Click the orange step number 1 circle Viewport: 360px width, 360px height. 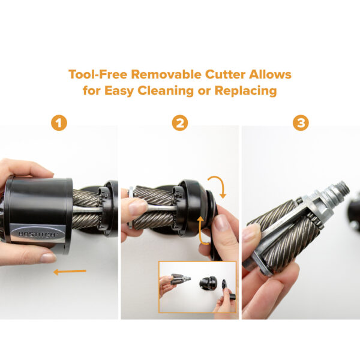pyautogui.click(x=59, y=123)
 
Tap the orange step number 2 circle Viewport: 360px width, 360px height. pyautogui.click(x=180, y=123)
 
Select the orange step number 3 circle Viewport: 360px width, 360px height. pyautogui.click(x=301, y=123)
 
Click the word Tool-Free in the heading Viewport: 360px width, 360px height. pyautogui.click(x=98, y=74)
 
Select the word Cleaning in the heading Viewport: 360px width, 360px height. pyautogui.click(x=166, y=91)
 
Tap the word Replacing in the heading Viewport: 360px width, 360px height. pyautogui.click(x=245, y=91)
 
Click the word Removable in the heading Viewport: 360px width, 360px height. pyautogui.click(x=166, y=74)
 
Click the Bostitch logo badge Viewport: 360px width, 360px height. pyautogui.click(x=37, y=234)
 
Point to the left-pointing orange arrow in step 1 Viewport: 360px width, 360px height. pyautogui.click(x=70, y=272)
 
